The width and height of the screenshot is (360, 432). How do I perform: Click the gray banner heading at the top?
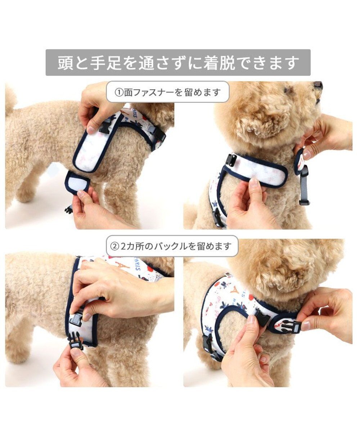[x=178, y=63]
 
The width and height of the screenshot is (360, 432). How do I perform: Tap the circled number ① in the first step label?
[x=119, y=92]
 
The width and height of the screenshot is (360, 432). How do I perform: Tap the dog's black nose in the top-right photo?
[x=318, y=85]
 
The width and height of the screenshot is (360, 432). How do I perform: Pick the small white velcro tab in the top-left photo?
[x=77, y=183]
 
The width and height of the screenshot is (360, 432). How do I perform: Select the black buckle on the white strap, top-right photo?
[x=231, y=160]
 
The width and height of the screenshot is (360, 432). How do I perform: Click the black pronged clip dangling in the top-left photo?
[x=69, y=209]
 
